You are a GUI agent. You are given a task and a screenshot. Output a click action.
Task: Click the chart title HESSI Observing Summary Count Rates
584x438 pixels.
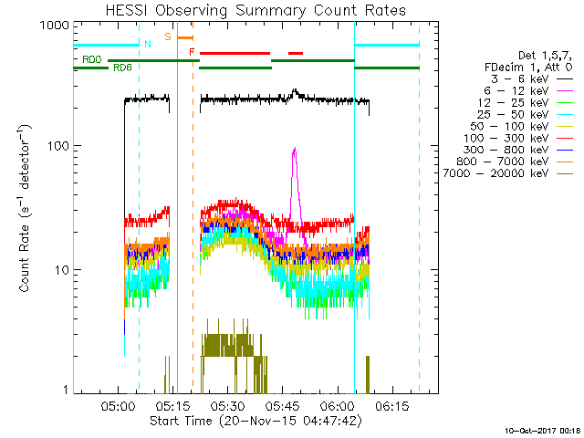(x=255, y=10)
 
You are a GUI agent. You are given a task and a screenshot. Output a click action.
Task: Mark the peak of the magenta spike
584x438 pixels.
(x=294, y=149)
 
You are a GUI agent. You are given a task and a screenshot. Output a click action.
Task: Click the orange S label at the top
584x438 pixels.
(x=168, y=36)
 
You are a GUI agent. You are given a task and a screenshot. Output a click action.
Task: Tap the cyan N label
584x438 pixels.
(x=148, y=44)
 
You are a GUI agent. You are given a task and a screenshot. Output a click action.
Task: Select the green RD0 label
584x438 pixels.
(x=91, y=60)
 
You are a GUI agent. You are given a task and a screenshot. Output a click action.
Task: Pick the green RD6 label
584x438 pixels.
(x=120, y=68)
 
